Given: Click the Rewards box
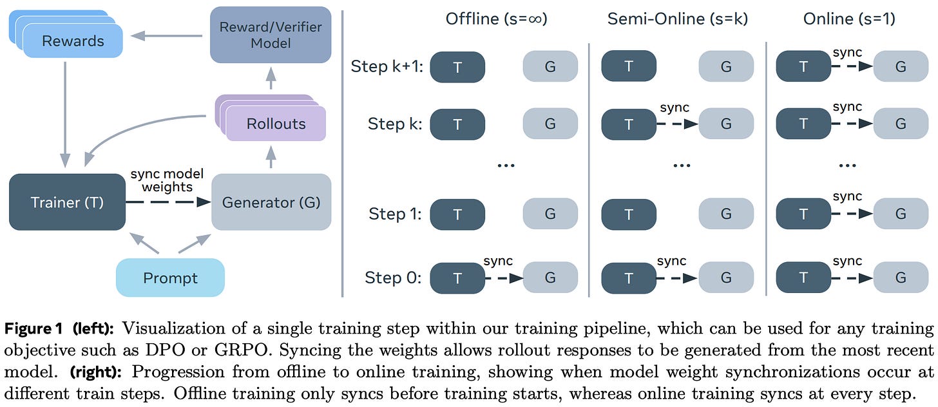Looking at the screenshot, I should click(72, 41).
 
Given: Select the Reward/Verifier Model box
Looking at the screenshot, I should click(271, 35).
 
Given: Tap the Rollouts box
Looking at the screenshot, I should click(276, 124).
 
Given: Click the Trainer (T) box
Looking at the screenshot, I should click(67, 202).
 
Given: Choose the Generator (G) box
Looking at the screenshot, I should click(271, 202).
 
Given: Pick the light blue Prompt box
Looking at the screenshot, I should click(170, 278).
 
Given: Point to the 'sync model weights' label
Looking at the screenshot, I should click(166, 180).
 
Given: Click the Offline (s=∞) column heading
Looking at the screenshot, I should click(496, 19).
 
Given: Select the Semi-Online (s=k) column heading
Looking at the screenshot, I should click(678, 19).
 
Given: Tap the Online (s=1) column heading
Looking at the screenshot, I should click(849, 19).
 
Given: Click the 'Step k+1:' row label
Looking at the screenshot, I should click(385, 66).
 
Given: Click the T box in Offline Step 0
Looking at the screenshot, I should click(457, 278).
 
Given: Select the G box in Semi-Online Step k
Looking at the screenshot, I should click(726, 124).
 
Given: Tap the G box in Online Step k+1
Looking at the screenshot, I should click(901, 66).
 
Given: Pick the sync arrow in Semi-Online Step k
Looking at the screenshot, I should click(678, 124).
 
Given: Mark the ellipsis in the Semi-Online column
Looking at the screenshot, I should click(681, 164).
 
